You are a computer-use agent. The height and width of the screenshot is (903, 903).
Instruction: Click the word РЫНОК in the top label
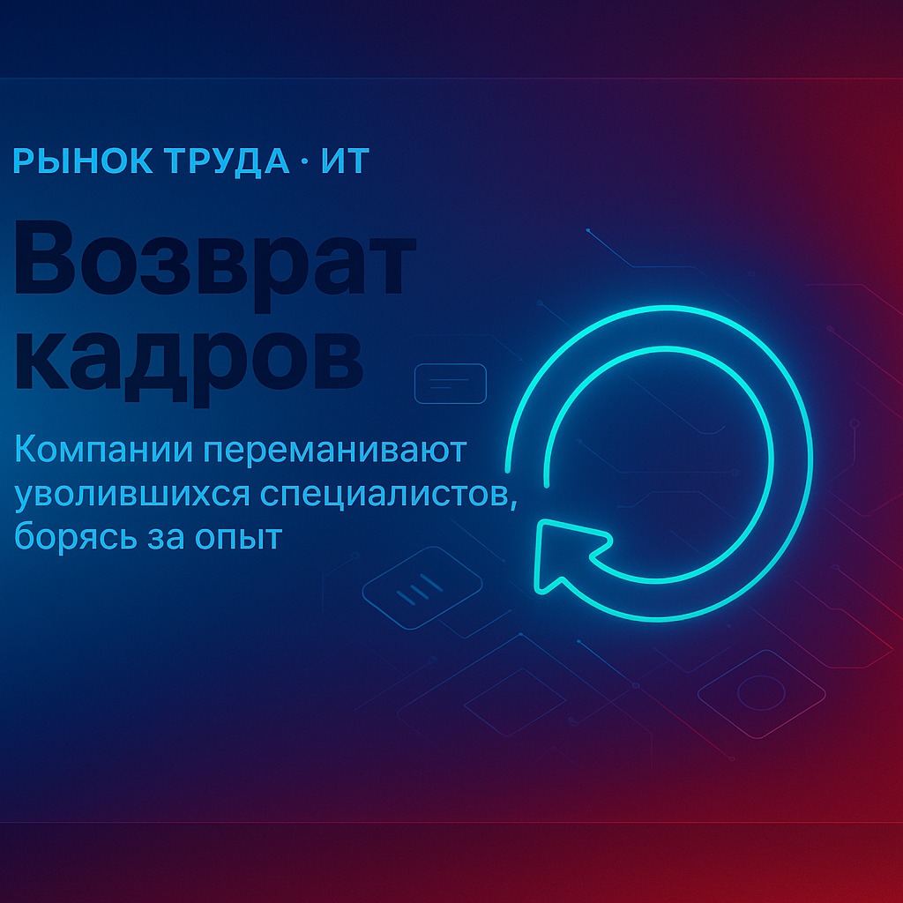[x=83, y=160]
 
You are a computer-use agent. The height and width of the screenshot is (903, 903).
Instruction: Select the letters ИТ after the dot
[x=345, y=160]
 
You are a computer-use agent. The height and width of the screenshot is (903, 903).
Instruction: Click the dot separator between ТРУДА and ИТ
[x=304, y=161]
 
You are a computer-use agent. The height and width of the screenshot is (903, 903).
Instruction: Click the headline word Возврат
[x=214, y=258]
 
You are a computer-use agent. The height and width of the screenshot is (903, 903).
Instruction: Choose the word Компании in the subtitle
[x=104, y=450]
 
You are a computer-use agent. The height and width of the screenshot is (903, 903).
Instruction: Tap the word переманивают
[x=335, y=451]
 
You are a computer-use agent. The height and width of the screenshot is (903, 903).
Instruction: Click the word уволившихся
[x=132, y=496]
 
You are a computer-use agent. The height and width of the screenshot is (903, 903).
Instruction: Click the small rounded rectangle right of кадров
[x=451, y=384]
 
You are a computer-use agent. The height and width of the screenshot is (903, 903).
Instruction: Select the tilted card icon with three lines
[x=422, y=587]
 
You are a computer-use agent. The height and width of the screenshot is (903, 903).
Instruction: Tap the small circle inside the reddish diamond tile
[x=761, y=693]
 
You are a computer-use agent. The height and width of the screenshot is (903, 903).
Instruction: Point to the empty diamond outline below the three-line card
[x=514, y=702]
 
